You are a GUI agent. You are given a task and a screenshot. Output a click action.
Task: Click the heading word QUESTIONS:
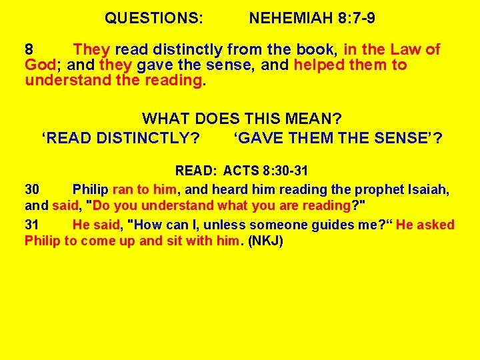pyautogui.click(x=154, y=19)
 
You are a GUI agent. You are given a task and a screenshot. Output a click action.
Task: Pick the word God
pyautogui.click(x=39, y=65)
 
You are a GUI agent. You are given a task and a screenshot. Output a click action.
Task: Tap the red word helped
pyautogui.click(x=317, y=65)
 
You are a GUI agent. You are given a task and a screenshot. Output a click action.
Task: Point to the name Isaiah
pyautogui.click(x=427, y=190)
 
